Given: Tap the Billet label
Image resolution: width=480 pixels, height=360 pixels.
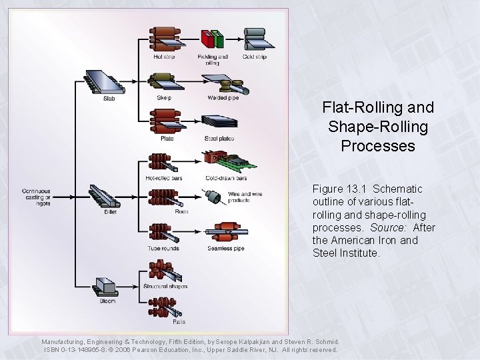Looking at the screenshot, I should click(x=110, y=211).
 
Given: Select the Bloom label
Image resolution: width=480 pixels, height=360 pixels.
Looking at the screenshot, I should click(x=108, y=301).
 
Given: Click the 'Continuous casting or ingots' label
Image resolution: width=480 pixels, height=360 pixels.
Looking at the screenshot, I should click(x=36, y=197).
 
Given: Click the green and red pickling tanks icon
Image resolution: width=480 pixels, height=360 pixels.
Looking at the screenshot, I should click(x=213, y=39).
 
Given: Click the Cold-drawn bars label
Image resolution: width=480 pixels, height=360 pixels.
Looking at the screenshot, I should click(x=226, y=178).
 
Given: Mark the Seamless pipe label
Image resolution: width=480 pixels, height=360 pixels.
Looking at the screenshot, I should click(x=225, y=249).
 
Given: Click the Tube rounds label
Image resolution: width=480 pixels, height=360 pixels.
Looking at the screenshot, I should click(x=163, y=249).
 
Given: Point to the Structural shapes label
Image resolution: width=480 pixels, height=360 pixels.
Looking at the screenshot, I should click(x=165, y=287).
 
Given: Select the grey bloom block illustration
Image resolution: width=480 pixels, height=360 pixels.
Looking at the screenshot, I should click(x=106, y=285).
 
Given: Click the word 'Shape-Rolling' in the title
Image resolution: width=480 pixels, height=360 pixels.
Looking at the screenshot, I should click(x=377, y=126).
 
